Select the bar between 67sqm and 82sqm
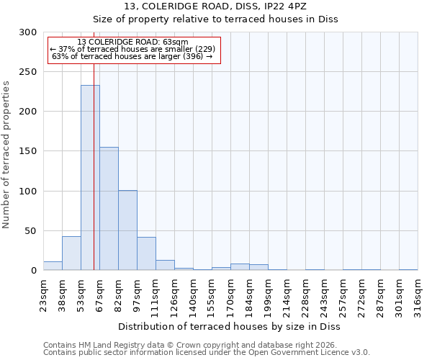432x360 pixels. (x=109, y=209)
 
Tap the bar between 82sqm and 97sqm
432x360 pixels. (x=127, y=230)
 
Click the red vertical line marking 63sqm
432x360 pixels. (x=94, y=144)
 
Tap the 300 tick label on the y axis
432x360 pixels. (x=28, y=32)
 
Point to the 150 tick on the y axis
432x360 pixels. (x=28, y=151)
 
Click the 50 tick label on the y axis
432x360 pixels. (x=31, y=231)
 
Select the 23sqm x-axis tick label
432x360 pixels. (x=43, y=294)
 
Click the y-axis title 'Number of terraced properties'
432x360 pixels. (x=6, y=155)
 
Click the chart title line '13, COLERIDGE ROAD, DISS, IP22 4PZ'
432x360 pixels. (x=215, y=6)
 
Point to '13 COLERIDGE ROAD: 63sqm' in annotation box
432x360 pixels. (x=132, y=42)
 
